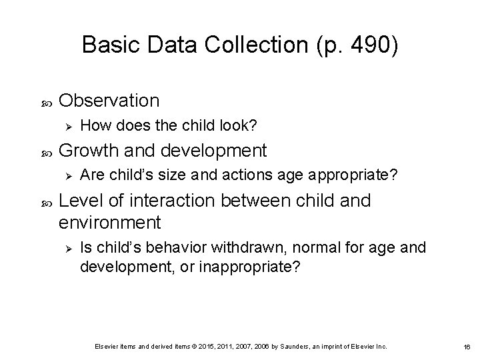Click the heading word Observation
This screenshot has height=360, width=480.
coord(109,100)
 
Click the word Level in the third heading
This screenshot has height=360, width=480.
coord(79,201)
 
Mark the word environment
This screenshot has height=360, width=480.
coord(110,221)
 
